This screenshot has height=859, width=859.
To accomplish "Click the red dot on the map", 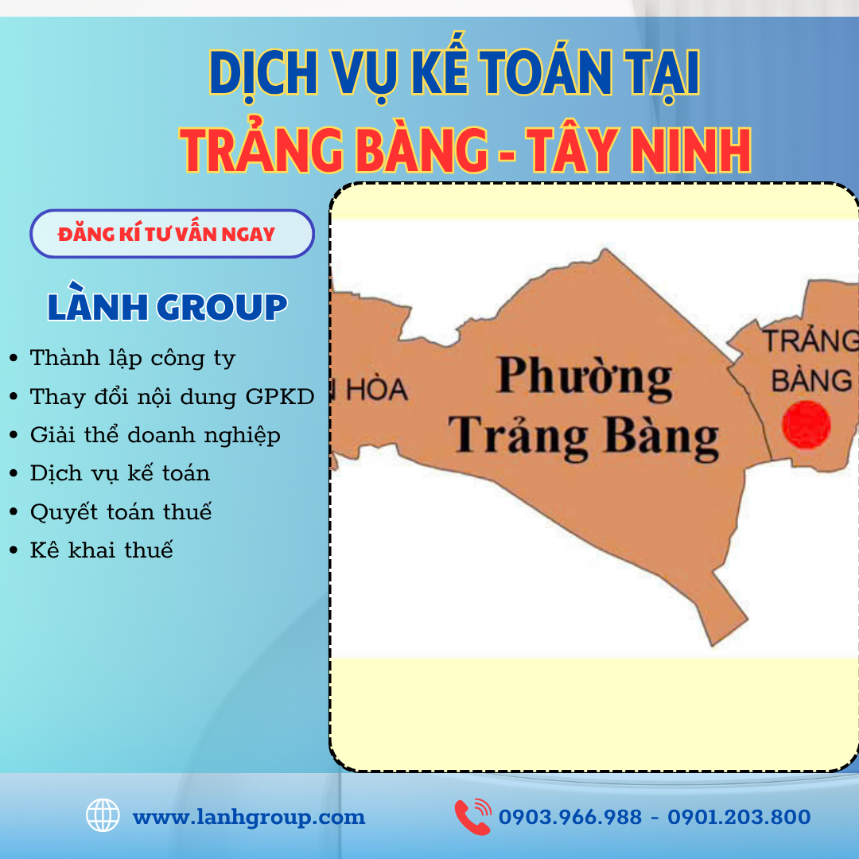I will pos(806,423).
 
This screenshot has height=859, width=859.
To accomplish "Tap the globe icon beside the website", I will pos(103,816).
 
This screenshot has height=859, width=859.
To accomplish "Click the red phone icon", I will pos(472,817).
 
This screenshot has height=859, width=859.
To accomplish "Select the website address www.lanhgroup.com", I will pos(248,817).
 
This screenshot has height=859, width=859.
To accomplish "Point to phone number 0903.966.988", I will pos(569,817).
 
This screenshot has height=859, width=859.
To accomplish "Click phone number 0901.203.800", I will pos(739,817).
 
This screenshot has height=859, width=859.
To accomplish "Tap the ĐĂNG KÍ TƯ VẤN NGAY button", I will pos(172,234).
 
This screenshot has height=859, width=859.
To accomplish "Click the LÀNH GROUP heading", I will pos(167,307).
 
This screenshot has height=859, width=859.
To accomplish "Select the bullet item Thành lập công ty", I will pos(132,358).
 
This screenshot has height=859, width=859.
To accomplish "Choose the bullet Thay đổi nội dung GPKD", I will pos(172,396).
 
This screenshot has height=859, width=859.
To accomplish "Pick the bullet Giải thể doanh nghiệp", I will pos(154,435).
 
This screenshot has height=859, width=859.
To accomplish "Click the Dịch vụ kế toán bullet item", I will pos(119,473).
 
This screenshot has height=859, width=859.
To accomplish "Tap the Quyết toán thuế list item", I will pos(120,511).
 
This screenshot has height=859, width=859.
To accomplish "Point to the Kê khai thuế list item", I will pos(101,550).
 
